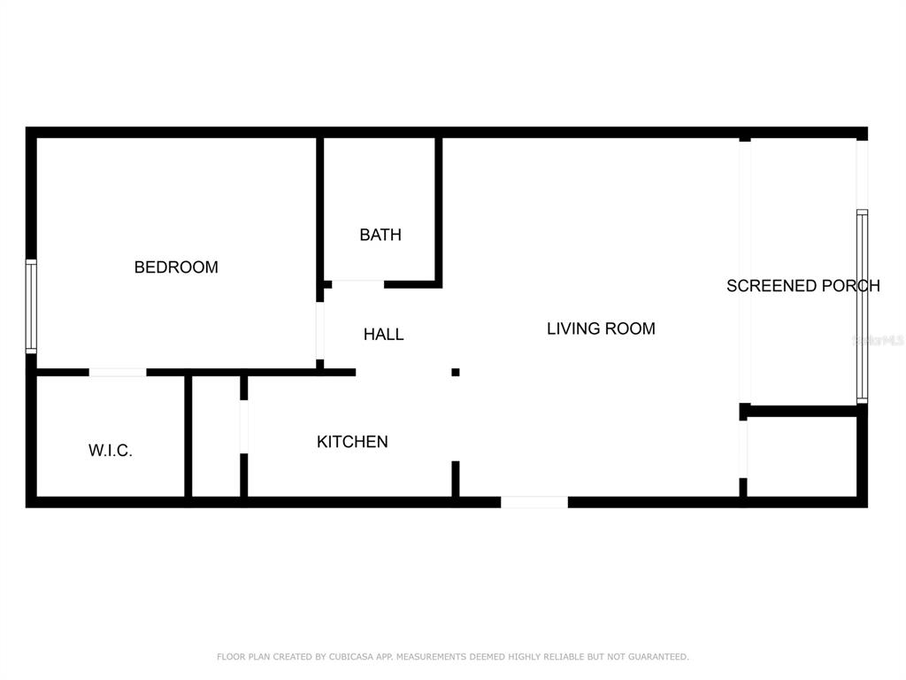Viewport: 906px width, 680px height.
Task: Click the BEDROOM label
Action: coord(176,267)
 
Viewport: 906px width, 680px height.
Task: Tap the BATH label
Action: coord(380,235)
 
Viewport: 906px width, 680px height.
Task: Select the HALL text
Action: coord(384,334)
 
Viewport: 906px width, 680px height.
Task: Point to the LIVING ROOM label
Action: coord(601,328)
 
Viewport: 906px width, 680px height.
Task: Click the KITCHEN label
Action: coord(352,442)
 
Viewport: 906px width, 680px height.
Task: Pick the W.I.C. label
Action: coord(111,451)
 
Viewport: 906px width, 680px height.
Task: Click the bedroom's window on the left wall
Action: coord(31,306)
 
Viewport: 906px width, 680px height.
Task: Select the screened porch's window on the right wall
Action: coord(862,306)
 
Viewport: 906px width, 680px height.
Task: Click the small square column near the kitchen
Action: coord(456,373)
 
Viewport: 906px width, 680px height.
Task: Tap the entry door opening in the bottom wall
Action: coord(534,502)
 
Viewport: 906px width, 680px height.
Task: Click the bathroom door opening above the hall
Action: coord(358,284)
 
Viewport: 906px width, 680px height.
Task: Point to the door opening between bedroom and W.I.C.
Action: coord(118,373)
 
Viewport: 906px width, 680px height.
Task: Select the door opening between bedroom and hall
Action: coord(319,331)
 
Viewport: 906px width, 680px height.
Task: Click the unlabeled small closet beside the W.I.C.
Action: coord(216,436)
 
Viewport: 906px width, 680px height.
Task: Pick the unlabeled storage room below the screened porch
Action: coord(802,456)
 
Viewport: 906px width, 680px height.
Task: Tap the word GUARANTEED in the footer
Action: coord(658,656)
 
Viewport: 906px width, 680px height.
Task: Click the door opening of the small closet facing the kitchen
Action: coord(244,427)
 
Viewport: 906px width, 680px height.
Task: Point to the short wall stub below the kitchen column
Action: coord(456,479)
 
